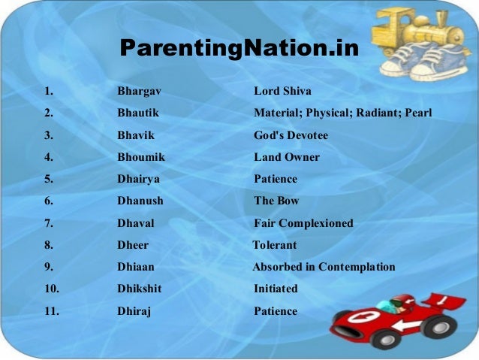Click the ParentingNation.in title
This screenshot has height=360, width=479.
239,49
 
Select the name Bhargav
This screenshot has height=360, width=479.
139,92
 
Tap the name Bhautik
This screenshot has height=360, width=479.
138,113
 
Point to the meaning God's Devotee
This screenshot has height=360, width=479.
291,135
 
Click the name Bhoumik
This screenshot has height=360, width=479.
141,157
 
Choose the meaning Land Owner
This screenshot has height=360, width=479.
286,157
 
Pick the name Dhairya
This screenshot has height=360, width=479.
138,179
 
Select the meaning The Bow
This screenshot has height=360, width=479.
276,201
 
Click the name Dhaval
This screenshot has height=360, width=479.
135,223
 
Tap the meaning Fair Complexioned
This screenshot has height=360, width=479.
303,223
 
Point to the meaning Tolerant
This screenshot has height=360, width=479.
274,245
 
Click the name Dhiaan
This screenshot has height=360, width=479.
136,267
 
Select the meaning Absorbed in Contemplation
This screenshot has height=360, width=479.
324,267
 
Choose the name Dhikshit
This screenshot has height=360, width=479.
139,289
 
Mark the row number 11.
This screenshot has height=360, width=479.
52,311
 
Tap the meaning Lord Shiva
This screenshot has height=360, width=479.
282,92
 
